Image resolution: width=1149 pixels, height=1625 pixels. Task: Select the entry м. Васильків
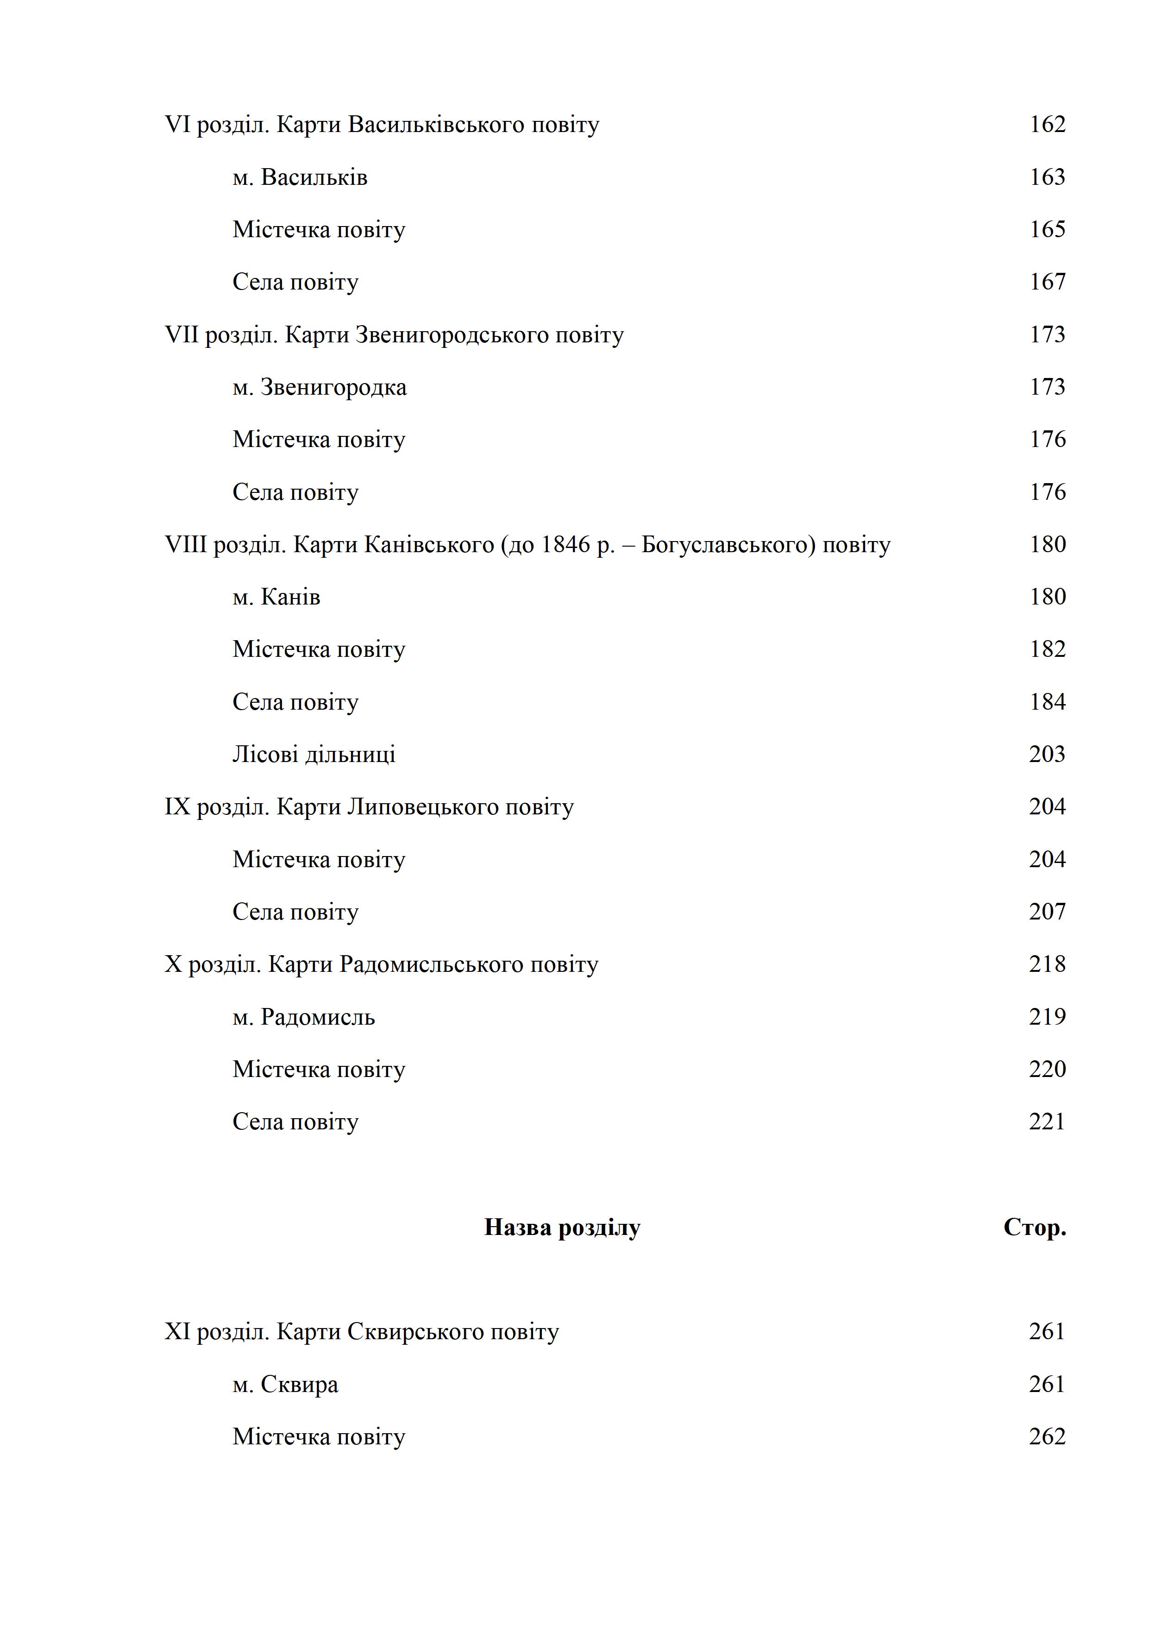[300, 177]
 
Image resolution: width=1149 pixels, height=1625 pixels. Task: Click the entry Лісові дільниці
[314, 755]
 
